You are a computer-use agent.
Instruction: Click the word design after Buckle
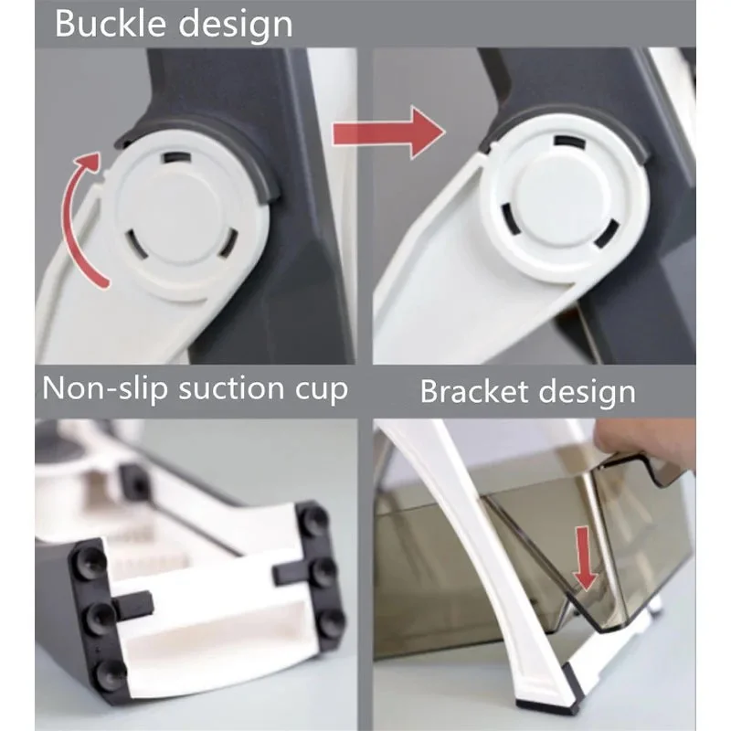(236, 25)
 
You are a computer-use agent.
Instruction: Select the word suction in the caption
(230, 387)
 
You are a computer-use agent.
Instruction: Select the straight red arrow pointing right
(388, 132)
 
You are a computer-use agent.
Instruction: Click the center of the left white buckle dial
(182, 217)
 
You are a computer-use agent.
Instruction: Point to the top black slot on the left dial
(176, 157)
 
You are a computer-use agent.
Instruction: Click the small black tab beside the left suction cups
(132, 605)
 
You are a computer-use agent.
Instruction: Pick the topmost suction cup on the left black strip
(90, 558)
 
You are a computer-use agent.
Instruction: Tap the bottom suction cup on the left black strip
(110, 673)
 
